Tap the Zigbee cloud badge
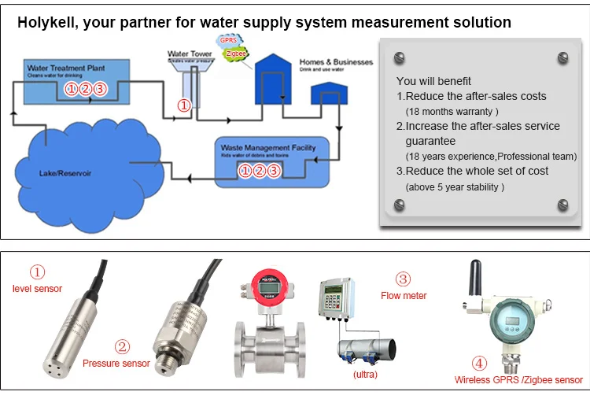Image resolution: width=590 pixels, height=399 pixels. (x=234, y=54)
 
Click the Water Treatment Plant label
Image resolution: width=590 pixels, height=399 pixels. (x=67, y=68)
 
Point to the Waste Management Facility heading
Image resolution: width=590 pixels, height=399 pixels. (x=268, y=147)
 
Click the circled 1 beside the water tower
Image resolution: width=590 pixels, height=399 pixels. (x=183, y=105)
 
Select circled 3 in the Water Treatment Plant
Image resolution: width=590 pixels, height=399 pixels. (x=100, y=89)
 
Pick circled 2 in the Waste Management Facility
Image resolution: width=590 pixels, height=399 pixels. (x=260, y=171)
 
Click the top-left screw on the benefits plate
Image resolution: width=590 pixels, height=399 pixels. (x=399, y=57)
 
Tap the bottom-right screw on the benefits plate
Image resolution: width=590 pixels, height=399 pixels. (x=562, y=205)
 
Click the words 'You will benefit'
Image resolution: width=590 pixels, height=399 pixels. (x=434, y=81)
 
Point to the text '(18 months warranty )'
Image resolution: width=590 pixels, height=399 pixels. (x=452, y=111)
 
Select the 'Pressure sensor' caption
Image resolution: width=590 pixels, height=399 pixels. (x=116, y=364)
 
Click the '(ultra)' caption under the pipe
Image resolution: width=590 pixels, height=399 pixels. (x=365, y=375)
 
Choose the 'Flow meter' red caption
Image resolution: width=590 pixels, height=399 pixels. (x=404, y=296)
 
